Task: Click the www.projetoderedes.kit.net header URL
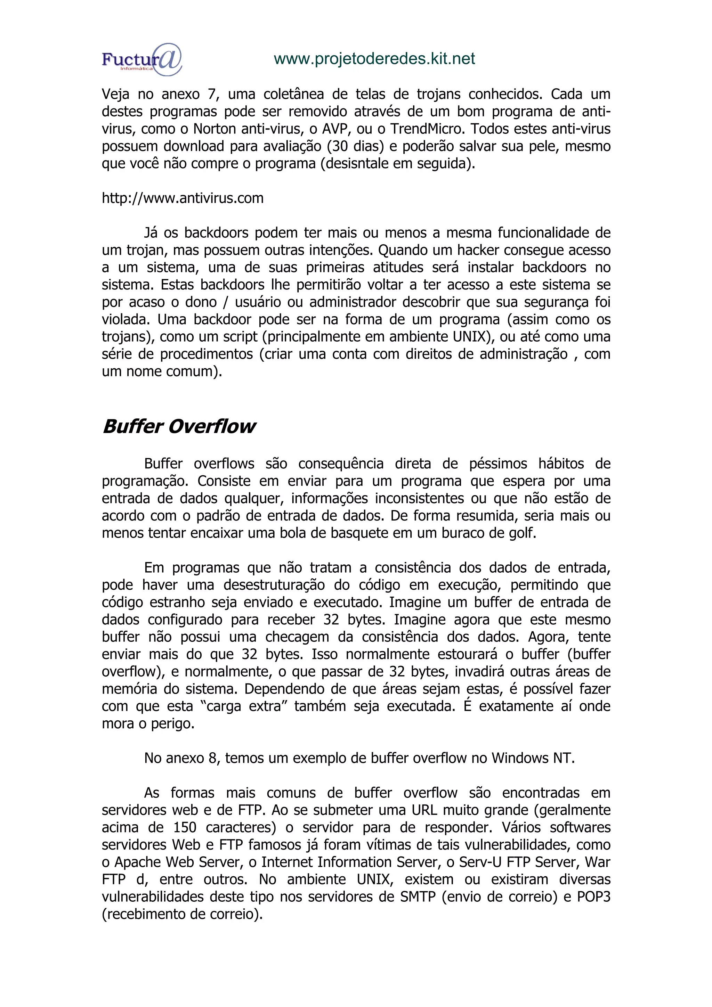374,59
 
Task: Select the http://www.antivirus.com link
183,198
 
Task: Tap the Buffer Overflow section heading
179,426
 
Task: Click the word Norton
214,129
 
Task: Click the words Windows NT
532,758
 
